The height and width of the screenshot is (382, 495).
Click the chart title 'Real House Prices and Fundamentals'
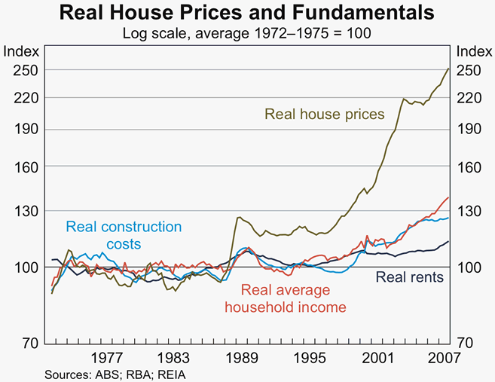tap(247, 13)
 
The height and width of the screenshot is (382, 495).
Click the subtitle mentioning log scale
tap(247, 33)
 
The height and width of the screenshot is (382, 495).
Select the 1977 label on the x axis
tap(106, 358)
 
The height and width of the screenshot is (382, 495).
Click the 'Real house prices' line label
tap(324, 115)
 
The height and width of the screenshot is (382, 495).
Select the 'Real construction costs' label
tap(124, 235)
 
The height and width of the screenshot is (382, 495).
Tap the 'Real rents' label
tap(409, 277)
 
